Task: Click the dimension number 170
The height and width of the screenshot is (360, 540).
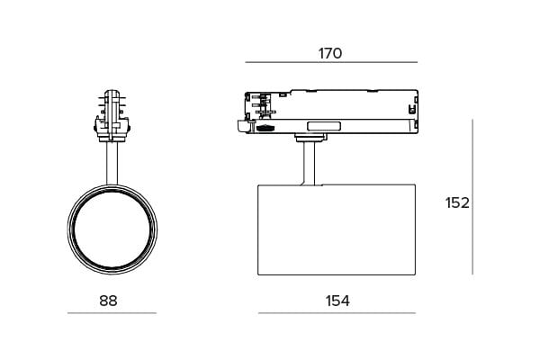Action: click(330, 53)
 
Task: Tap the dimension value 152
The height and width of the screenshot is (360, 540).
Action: click(457, 202)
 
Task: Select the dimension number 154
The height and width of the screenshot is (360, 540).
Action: click(337, 301)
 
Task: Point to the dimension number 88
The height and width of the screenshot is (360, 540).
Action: click(108, 301)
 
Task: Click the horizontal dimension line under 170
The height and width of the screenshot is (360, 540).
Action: click(331, 62)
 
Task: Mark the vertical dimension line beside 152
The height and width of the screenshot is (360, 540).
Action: click(472, 197)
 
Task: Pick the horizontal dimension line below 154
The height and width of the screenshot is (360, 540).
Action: click(337, 313)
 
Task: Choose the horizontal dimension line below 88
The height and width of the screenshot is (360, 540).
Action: click(112, 313)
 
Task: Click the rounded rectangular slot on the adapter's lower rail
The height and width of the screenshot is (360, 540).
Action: click(324, 126)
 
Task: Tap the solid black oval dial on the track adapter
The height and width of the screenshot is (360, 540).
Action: click(265, 128)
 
